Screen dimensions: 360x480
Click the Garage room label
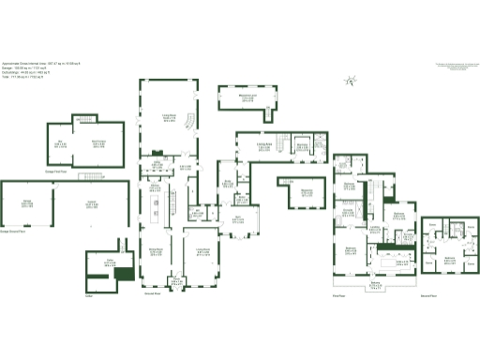(28, 202)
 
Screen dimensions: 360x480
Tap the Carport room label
(92, 202)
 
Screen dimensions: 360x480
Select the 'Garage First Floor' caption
(62, 172)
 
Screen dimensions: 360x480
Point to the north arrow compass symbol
(350, 82)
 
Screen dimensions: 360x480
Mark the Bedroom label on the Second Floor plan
(449, 256)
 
